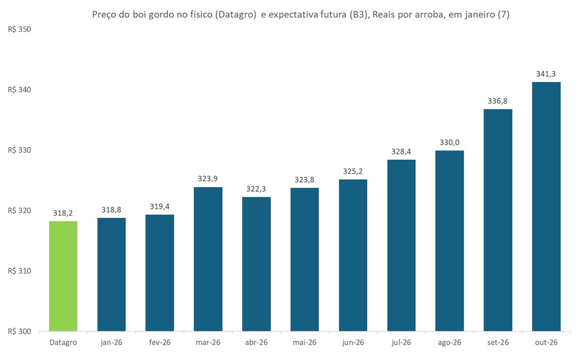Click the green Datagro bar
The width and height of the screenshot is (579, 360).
(x=63, y=276)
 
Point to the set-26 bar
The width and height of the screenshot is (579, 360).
(x=498, y=220)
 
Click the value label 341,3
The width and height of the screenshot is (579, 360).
(x=546, y=73)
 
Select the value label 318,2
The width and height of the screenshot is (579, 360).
(x=63, y=213)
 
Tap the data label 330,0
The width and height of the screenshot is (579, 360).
(x=450, y=142)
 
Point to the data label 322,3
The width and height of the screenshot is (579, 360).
(x=256, y=188)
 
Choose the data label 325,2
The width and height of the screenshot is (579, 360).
(x=353, y=171)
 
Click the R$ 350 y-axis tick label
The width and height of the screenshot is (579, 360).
(x=19, y=29)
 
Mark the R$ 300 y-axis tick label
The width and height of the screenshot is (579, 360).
(x=19, y=331)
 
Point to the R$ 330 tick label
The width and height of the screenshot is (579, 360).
(x=19, y=150)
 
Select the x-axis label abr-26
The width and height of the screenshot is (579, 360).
(x=256, y=342)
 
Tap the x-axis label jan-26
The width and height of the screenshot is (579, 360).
(x=111, y=342)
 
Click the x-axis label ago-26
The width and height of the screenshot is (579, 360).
(x=450, y=342)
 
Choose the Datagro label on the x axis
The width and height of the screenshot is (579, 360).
(x=63, y=342)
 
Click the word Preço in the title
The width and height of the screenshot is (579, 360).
(x=105, y=15)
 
